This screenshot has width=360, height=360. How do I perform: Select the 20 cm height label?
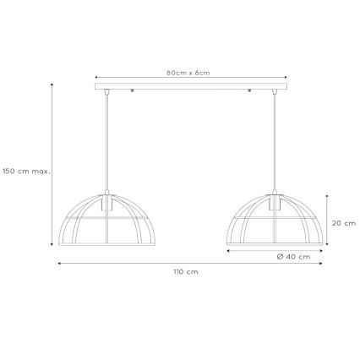click(342, 223)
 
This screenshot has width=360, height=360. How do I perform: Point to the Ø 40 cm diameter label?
click(295, 257)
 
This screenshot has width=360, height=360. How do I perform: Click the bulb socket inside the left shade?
click(106, 204)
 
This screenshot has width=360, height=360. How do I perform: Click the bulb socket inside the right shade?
click(275, 204)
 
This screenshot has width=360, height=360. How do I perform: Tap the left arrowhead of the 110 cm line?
click(59, 263)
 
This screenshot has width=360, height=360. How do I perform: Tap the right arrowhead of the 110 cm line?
click(324, 263)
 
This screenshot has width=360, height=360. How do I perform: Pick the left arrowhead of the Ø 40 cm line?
click(227, 251)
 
